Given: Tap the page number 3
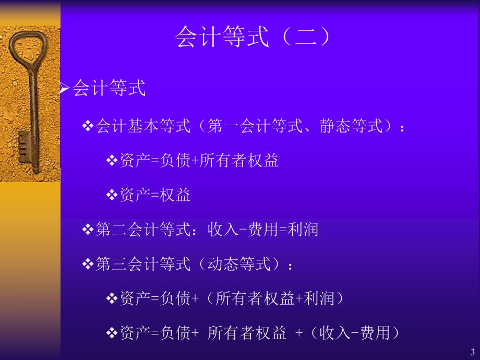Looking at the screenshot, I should coord(472,352).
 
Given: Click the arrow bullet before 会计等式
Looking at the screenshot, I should coord(64,89).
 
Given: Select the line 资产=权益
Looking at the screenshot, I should coord(154,195).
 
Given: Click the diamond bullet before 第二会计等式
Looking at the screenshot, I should coord(88,230).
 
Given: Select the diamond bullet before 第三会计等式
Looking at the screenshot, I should coord(88,264).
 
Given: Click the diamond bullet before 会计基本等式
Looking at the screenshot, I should coord(88,127).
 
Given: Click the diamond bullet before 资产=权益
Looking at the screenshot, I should coord(112,195).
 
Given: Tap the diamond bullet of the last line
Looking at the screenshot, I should coord(112,333).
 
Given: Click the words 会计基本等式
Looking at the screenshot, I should coord(143,127).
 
